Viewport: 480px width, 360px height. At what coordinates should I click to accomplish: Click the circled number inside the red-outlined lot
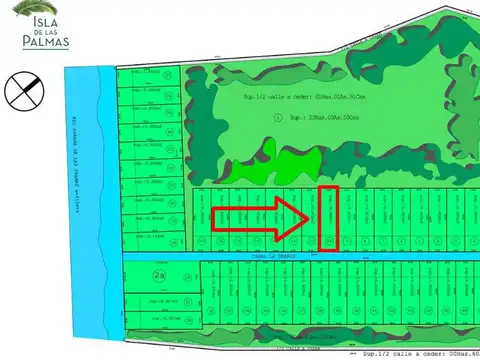coord(328,241)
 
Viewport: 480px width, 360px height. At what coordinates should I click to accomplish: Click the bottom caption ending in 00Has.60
coord(414,354)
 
